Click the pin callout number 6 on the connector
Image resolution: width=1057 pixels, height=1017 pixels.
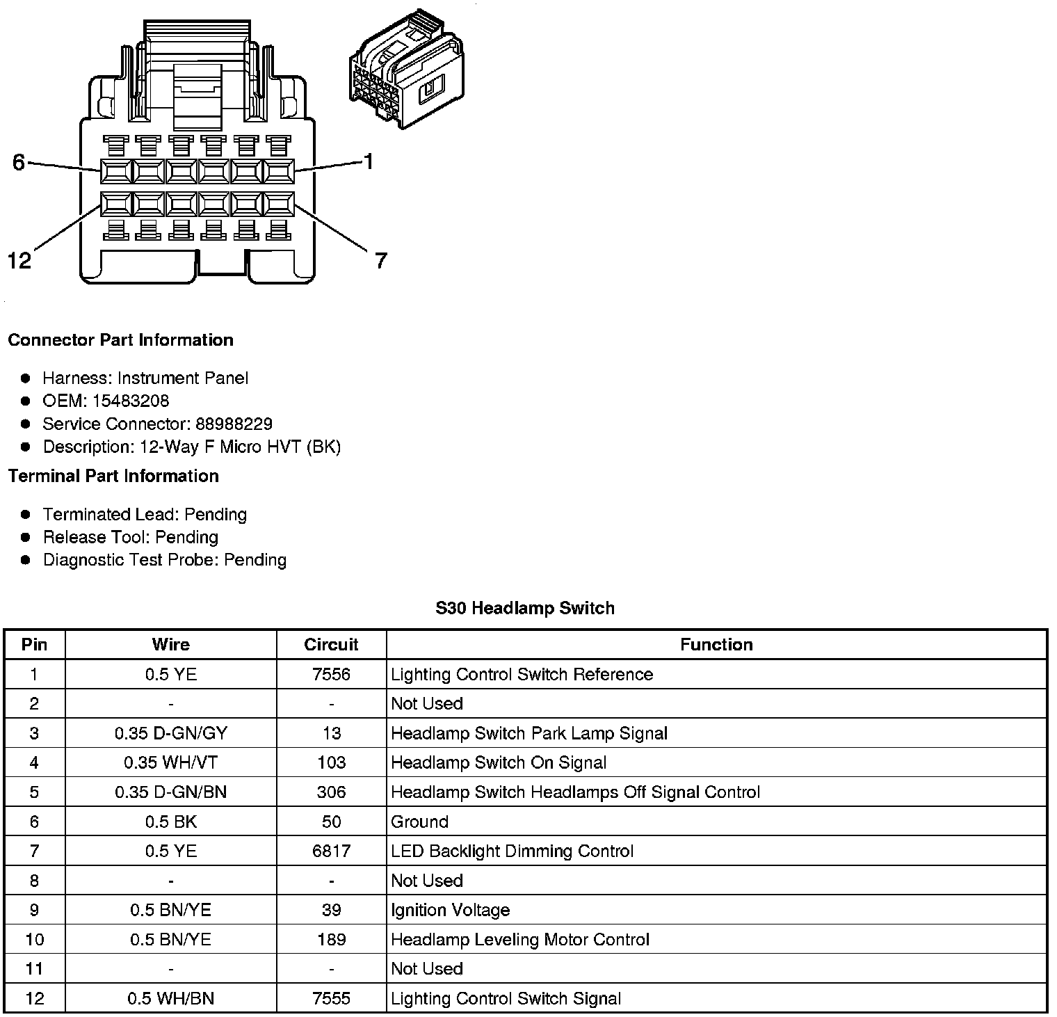tap(19, 162)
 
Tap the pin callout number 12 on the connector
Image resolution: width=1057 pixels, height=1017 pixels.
tap(19, 261)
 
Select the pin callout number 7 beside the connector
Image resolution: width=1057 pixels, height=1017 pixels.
tap(380, 261)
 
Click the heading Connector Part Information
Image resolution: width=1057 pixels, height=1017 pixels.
tap(120, 340)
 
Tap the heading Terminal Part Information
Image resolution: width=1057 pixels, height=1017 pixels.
tap(113, 476)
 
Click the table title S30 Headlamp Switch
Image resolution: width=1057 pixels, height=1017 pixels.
tap(525, 608)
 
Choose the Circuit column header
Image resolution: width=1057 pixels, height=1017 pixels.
tap(331, 644)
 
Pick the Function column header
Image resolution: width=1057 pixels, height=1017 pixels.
tap(716, 644)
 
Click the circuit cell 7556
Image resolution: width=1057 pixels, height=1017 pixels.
tap(331, 674)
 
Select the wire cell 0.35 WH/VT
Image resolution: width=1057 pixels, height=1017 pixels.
tap(170, 762)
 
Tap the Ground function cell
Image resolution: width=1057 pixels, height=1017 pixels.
tap(419, 822)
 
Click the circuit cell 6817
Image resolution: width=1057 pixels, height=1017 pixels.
tap(331, 851)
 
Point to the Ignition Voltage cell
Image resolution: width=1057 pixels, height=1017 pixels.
tap(450, 910)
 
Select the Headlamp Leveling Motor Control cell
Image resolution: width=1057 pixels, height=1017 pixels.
tap(519, 940)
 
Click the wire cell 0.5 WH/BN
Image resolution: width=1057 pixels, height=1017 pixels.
tap(170, 999)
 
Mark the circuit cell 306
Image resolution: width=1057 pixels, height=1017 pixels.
tap(331, 792)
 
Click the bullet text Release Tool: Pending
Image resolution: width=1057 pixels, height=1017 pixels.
tap(131, 537)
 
